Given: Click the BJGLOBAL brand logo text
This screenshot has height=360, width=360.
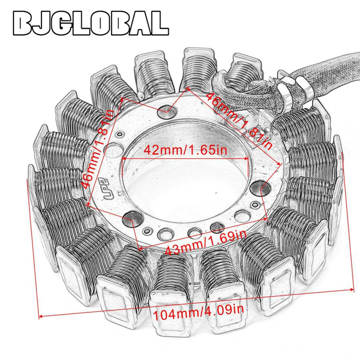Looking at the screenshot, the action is coord(91,23).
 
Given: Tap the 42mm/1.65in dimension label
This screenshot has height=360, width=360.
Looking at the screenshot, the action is coord(185,150).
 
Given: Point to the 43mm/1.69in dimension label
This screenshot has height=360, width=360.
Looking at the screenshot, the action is coord(206,243).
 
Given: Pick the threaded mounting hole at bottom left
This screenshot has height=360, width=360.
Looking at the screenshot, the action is coord(132,219).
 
